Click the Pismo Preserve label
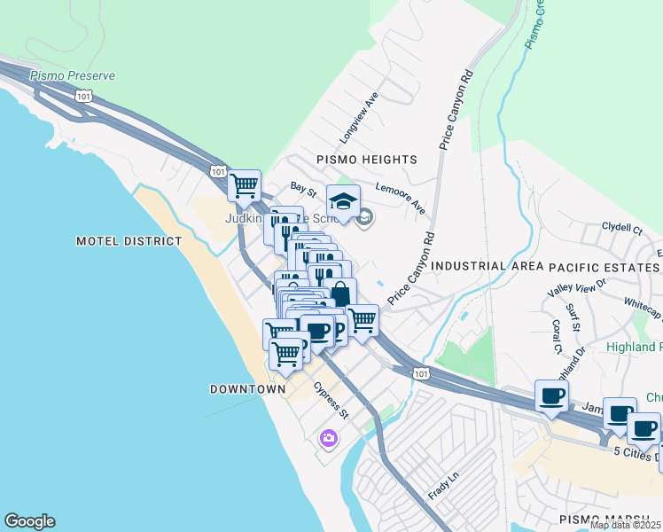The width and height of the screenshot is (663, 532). coord(72,76)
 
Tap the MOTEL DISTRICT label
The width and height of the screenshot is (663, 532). coord(129,241)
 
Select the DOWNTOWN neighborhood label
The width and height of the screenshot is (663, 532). coord(247,389)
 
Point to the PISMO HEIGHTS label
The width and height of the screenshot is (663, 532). coord(367,160)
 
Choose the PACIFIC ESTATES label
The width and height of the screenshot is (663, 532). coord(604,267)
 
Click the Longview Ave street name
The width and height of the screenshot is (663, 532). coord(359,118)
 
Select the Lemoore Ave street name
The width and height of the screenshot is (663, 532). coord(400,199)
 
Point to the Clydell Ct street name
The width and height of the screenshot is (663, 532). coord(621,229)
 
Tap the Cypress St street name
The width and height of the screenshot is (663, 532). coord(331,401)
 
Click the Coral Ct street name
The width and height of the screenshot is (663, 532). coord(557,336)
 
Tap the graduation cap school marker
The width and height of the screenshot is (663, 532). coord(343,200)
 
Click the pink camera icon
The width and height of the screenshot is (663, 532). coord(329,438)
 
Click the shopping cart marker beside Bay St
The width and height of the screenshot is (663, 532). coord(243,186)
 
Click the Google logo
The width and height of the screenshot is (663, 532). coord(29,521)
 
